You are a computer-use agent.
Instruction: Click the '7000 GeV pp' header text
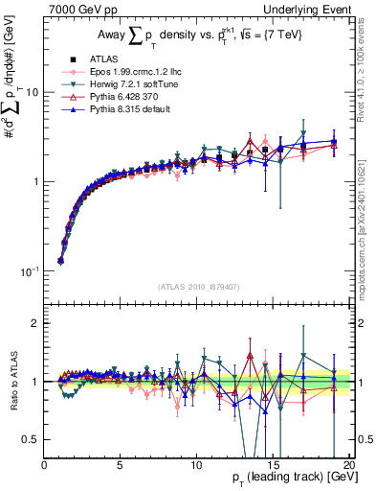pyautogui.click(x=79, y=9)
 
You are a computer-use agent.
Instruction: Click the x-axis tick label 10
pyautogui.click(x=196, y=464)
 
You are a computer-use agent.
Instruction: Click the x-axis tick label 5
pyautogui.click(x=121, y=464)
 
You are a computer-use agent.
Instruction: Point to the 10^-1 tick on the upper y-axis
pyautogui.click(x=32, y=271)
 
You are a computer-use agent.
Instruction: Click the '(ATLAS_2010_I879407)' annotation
pyautogui.click(x=197, y=285)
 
